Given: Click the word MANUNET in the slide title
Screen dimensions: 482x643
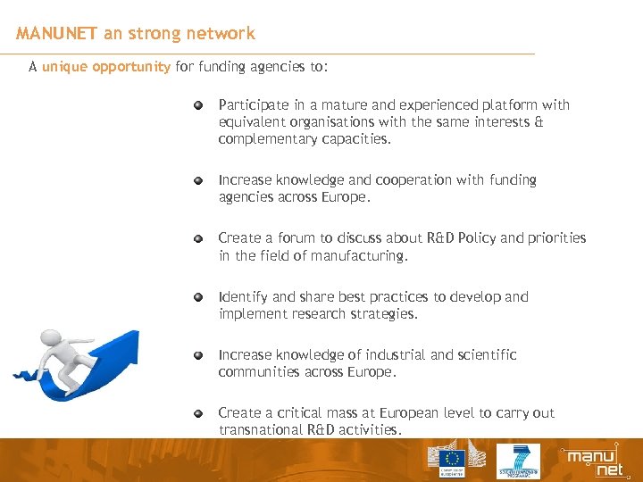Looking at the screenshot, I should (56, 34).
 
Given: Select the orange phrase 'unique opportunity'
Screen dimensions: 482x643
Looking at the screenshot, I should (105, 67).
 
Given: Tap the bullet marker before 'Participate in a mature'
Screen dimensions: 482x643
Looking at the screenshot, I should (200, 105).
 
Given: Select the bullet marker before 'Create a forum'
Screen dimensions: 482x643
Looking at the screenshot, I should (200, 238).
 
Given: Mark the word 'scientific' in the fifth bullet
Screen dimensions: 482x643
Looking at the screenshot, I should (486, 355).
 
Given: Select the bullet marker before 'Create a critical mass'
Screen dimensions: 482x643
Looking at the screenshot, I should (200, 413).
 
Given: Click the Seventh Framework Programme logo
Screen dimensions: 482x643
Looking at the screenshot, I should (518, 461).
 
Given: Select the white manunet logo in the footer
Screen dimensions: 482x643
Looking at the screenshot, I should (591, 461).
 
